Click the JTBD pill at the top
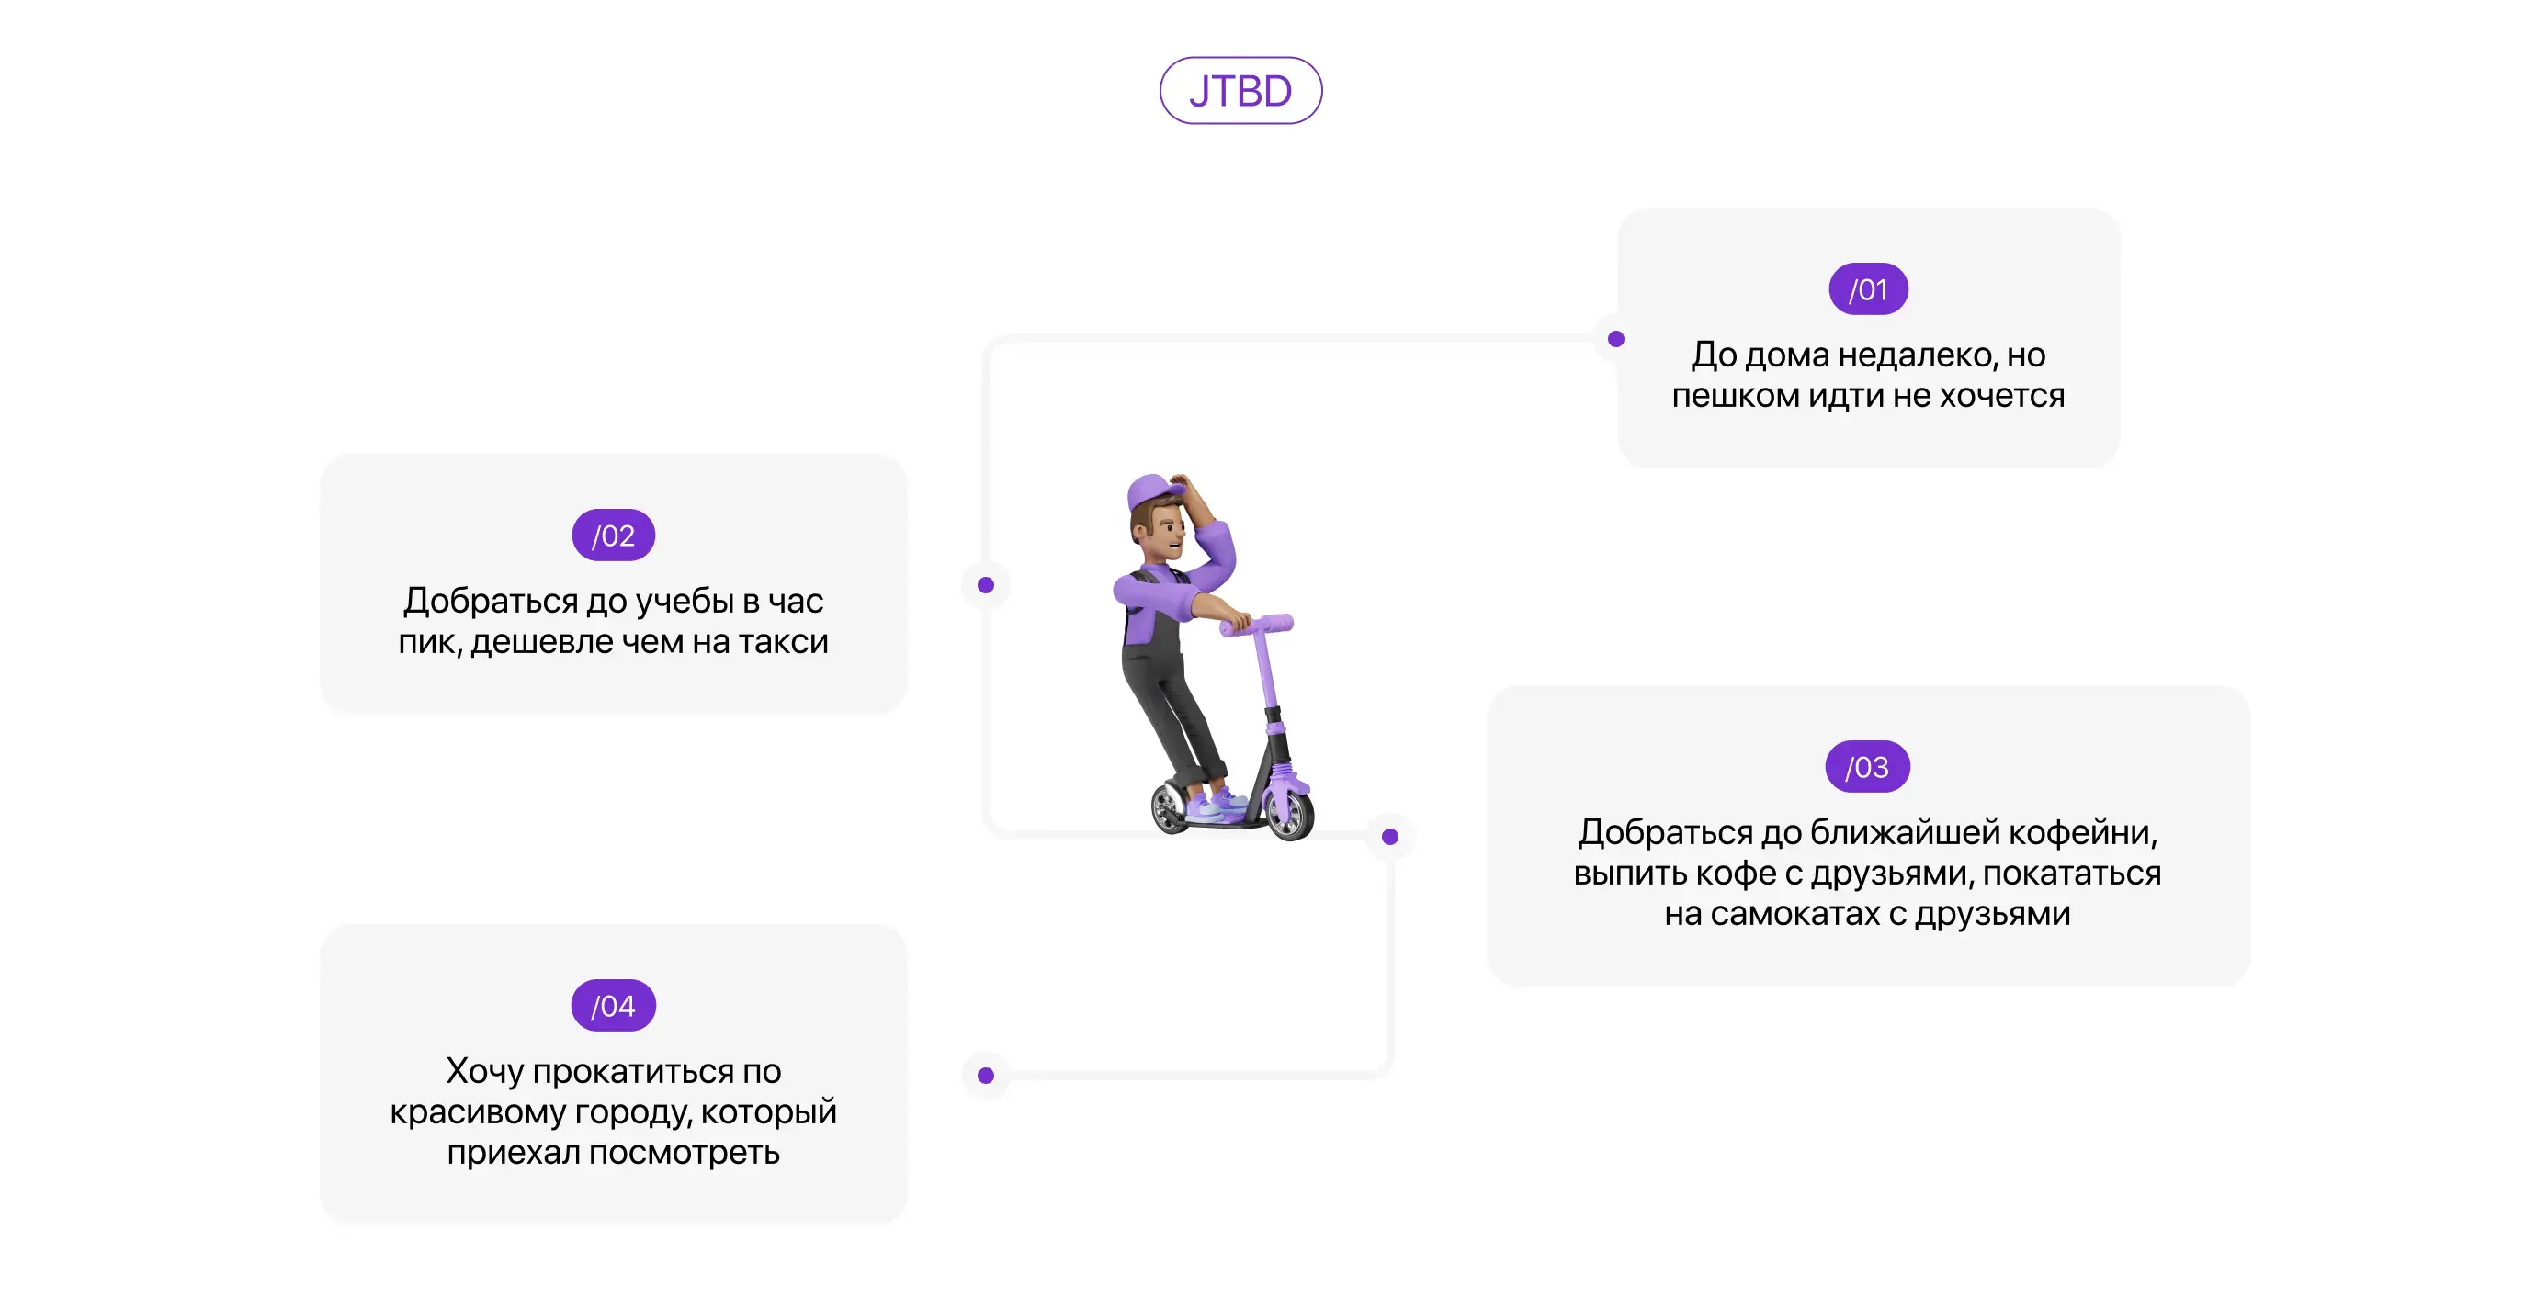coord(1240,91)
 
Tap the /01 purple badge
coord(1867,289)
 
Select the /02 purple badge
coord(614,536)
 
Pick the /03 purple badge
coord(1867,767)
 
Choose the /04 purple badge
coord(614,1006)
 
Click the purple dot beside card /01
coord(1615,340)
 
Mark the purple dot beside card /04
coord(985,1076)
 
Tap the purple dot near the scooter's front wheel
coord(1390,837)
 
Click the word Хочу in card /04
coord(484,1071)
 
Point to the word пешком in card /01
coord(1735,396)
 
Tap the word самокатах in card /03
coord(1794,914)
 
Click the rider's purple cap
coord(1154,490)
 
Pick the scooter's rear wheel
coord(1172,807)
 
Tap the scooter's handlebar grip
coord(1275,623)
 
